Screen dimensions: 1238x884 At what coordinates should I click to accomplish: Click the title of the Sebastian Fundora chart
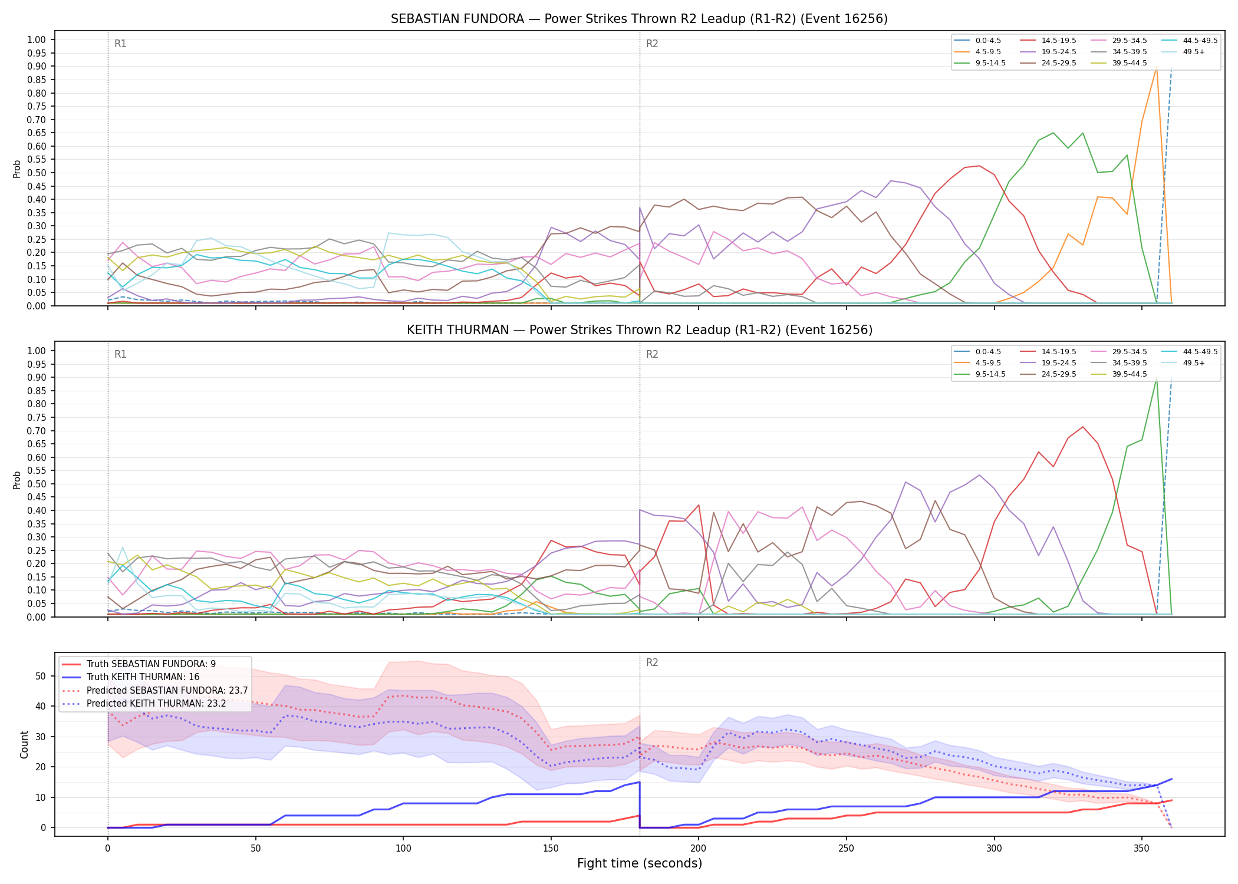(x=639, y=19)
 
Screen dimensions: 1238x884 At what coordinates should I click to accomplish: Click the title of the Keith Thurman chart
(x=639, y=330)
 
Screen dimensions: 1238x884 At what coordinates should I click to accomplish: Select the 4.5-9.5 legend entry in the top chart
(x=979, y=52)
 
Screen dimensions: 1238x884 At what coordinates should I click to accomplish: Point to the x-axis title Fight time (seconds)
(x=640, y=863)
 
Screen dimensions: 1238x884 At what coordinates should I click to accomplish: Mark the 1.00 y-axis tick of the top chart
(x=37, y=39)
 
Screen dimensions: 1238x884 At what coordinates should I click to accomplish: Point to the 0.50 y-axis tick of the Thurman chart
(x=37, y=484)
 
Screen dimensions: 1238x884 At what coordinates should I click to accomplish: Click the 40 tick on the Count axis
(x=41, y=706)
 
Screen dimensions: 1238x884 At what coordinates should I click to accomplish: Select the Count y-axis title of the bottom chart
(x=24, y=744)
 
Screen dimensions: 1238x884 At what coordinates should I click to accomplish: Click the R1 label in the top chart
(x=120, y=44)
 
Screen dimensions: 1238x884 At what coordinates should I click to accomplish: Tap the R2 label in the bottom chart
(x=652, y=662)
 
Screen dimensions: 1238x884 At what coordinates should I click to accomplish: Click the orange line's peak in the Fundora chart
(x=1157, y=67)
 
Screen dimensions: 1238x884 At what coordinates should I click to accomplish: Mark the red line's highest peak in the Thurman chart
(x=1083, y=427)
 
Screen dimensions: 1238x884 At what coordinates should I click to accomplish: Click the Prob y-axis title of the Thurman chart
(x=17, y=480)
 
